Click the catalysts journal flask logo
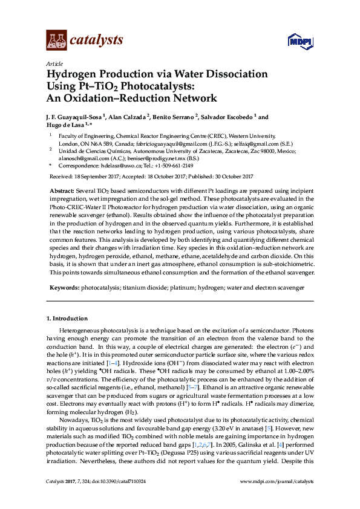pos(56,41)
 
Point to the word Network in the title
pos(194,98)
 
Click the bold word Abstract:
pos(62,190)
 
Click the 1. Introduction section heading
pos(67,319)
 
